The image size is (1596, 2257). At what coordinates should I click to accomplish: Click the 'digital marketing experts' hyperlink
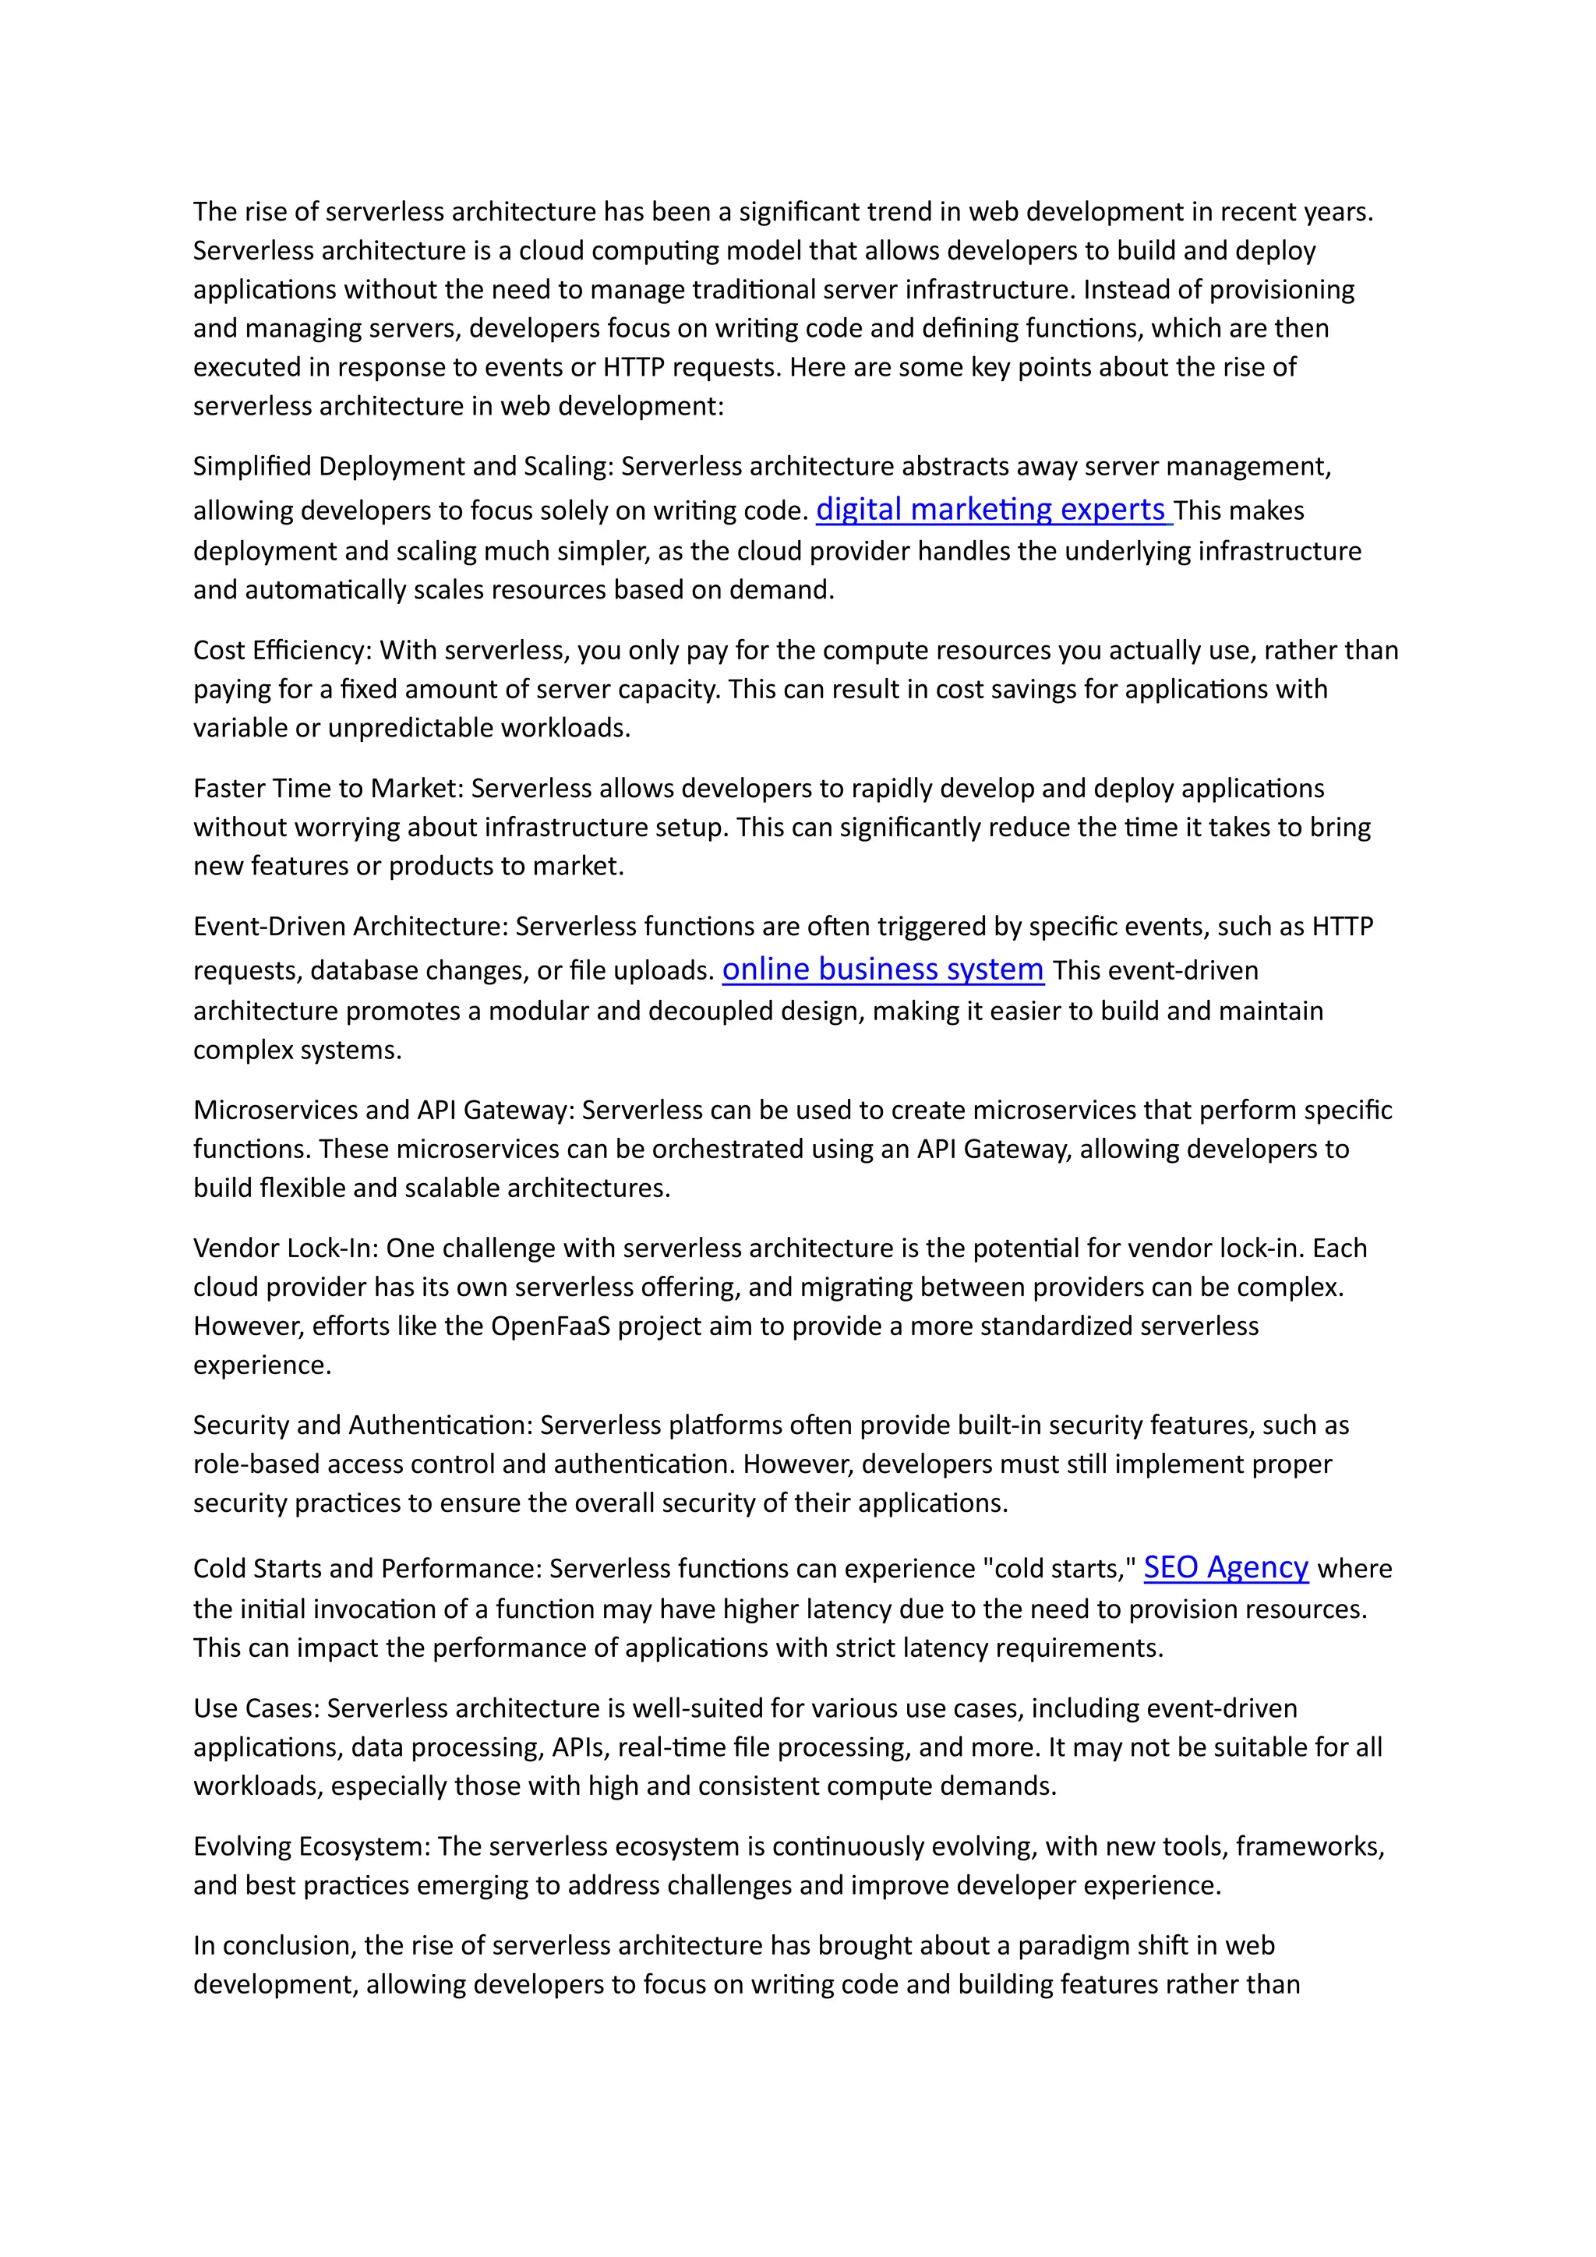993,509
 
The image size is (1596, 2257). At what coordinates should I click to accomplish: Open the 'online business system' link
882,970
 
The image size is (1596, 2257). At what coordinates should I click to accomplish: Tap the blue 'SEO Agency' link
1226,1567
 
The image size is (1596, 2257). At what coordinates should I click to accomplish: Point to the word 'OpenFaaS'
550,1326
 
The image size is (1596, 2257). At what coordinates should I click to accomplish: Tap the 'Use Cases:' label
256,1708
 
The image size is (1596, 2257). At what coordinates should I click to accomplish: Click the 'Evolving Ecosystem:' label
312,1846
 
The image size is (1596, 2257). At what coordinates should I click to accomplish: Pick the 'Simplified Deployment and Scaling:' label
403,466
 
